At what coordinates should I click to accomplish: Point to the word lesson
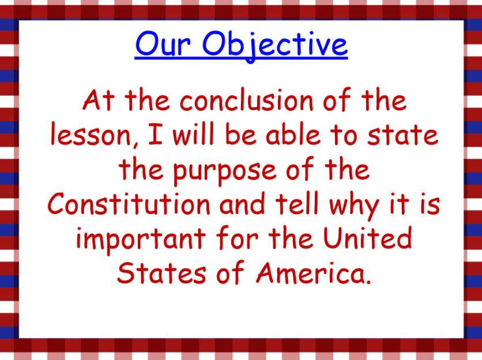coord(83,136)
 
